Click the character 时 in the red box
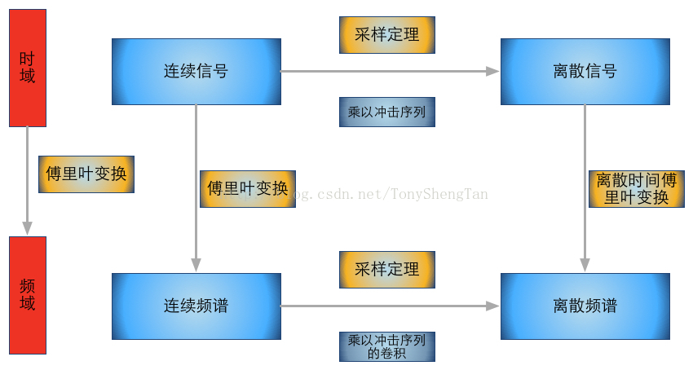pyautogui.click(x=27, y=59)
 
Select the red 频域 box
pyautogui.click(x=28, y=295)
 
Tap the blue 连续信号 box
pyautogui.click(x=196, y=72)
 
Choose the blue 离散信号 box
pyautogui.click(x=585, y=72)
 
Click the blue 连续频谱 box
pyautogui.click(x=196, y=306)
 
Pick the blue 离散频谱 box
pyautogui.click(x=585, y=306)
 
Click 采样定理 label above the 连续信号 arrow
pyautogui.click(x=386, y=35)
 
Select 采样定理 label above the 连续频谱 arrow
pyautogui.click(x=386, y=270)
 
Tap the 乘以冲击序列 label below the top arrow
pyautogui.click(x=386, y=112)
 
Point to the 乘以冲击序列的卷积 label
pyautogui.click(x=386, y=346)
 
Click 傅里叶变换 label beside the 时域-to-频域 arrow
pyautogui.click(x=86, y=174)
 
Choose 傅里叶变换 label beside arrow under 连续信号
pyautogui.click(x=247, y=188)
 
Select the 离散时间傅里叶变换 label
pyautogui.click(x=636, y=188)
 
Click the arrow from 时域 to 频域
pyautogui.click(x=27, y=179)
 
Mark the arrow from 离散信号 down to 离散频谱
pyautogui.click(x=585, y=147)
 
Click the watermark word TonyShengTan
pyautogui.click(x=439, y=194)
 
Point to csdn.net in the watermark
pyautogui.click(x=342, y=194)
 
